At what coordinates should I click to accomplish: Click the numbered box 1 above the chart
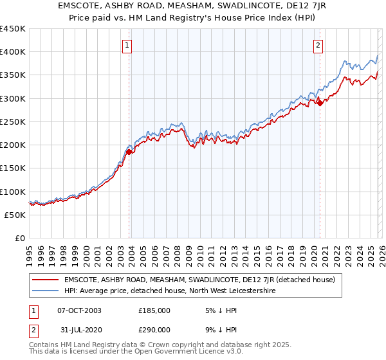pyautogui.click(x=127, y=46)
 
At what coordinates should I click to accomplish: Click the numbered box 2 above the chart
pyautogui.click(x=318, y=46)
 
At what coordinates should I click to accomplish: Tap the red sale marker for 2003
pyautogui.click(x=129, y=152)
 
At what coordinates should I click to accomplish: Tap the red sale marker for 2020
pyautogui.click(x=320, y=103)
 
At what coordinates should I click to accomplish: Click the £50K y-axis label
pyautogui.click(x=15, y=215)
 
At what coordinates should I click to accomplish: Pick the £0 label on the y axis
pyautogui.click(x=21, y=238)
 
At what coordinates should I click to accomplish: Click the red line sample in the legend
pyautogui.click(x=46, y=280)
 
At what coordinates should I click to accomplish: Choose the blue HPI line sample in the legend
pyautogui.click(x=46, y=291)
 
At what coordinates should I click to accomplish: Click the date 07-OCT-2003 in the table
pyautogui.click(x=79, y=310)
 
